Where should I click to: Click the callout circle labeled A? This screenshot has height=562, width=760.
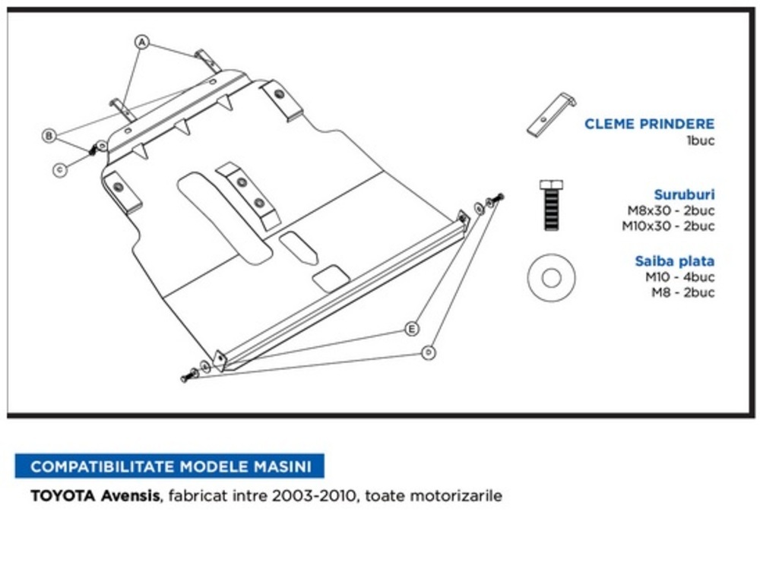click(x=141, y=42)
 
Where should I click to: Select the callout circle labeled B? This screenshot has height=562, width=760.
click(x=49, y=136)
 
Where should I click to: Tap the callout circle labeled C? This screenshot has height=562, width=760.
click(x=59, y=170)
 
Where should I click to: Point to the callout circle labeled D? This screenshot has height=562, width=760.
click(x=429, y=352)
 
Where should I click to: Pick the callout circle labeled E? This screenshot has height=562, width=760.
click(x=411, y=329)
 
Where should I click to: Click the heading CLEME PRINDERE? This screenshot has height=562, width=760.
click(x=649, y=124)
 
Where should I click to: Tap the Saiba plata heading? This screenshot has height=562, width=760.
click(x=675, y=261)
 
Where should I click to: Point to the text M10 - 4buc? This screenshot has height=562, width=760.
click(x=679, y=277)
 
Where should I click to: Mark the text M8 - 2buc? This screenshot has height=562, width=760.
click(x=683, y=292)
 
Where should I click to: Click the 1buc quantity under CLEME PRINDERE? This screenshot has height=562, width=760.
click(x=700, y=140)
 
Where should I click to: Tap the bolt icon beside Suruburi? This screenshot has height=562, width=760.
click(x=551, y=205)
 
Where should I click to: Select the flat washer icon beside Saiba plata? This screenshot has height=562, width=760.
click(x=551, y=277)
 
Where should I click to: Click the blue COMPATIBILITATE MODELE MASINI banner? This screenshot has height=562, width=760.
click(x=169, y=466)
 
